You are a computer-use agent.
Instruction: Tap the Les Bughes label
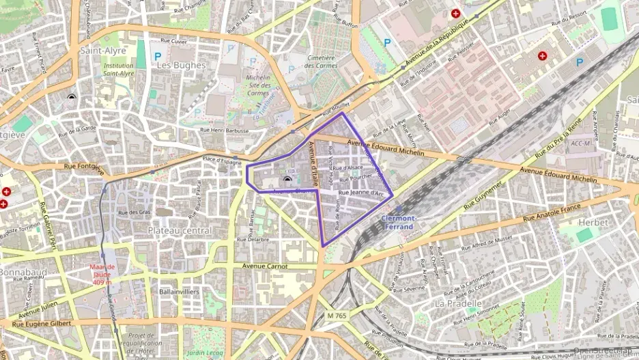click(x=181, y=65)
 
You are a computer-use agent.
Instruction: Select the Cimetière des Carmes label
click(x=320, y=61)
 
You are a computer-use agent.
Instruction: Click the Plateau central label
click(x=180, y=231)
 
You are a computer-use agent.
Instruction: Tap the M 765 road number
click(x=337, y=315)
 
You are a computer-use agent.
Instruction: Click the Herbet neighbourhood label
click(x=592, y=223)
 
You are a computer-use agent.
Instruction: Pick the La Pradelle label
click(x=458, y=303)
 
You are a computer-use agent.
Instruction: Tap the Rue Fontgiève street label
click(x=84, y=166)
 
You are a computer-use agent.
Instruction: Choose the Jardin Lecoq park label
click(x=205, y=352)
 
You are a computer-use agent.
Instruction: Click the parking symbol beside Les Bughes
click(x=158, y=55)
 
